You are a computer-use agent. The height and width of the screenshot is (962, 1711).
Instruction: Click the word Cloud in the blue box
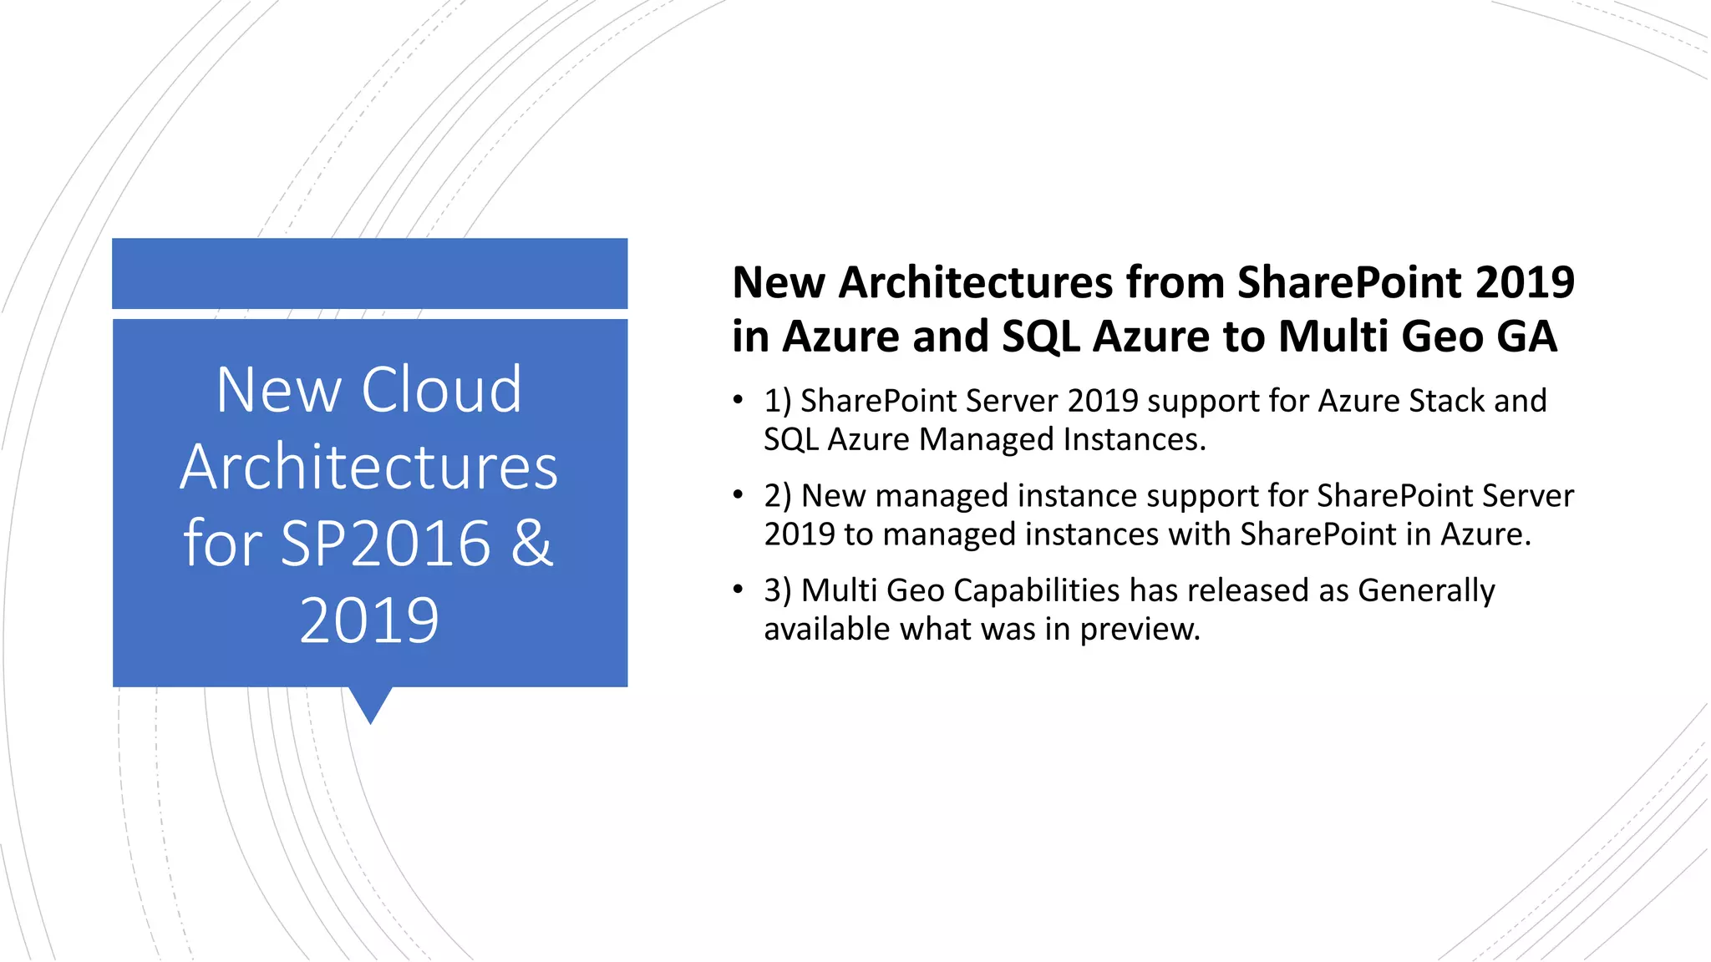point(441,390)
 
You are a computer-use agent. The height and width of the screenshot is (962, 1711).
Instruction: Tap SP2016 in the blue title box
point(385,544)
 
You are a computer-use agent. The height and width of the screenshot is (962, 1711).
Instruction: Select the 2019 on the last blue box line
point(369,620)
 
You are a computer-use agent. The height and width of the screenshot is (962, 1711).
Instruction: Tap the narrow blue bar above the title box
point(369,273)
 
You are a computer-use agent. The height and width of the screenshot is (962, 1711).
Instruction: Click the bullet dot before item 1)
point(738,400)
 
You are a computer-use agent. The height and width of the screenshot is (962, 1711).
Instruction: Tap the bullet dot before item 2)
point(738,495)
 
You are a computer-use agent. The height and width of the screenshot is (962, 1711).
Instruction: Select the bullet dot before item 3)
point(738,590)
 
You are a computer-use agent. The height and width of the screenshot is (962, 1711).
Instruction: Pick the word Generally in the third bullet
point(1426,590)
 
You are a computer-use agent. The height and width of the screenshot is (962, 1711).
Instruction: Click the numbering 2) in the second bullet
point(778,496)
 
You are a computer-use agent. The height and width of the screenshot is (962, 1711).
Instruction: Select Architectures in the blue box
point(369,467)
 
